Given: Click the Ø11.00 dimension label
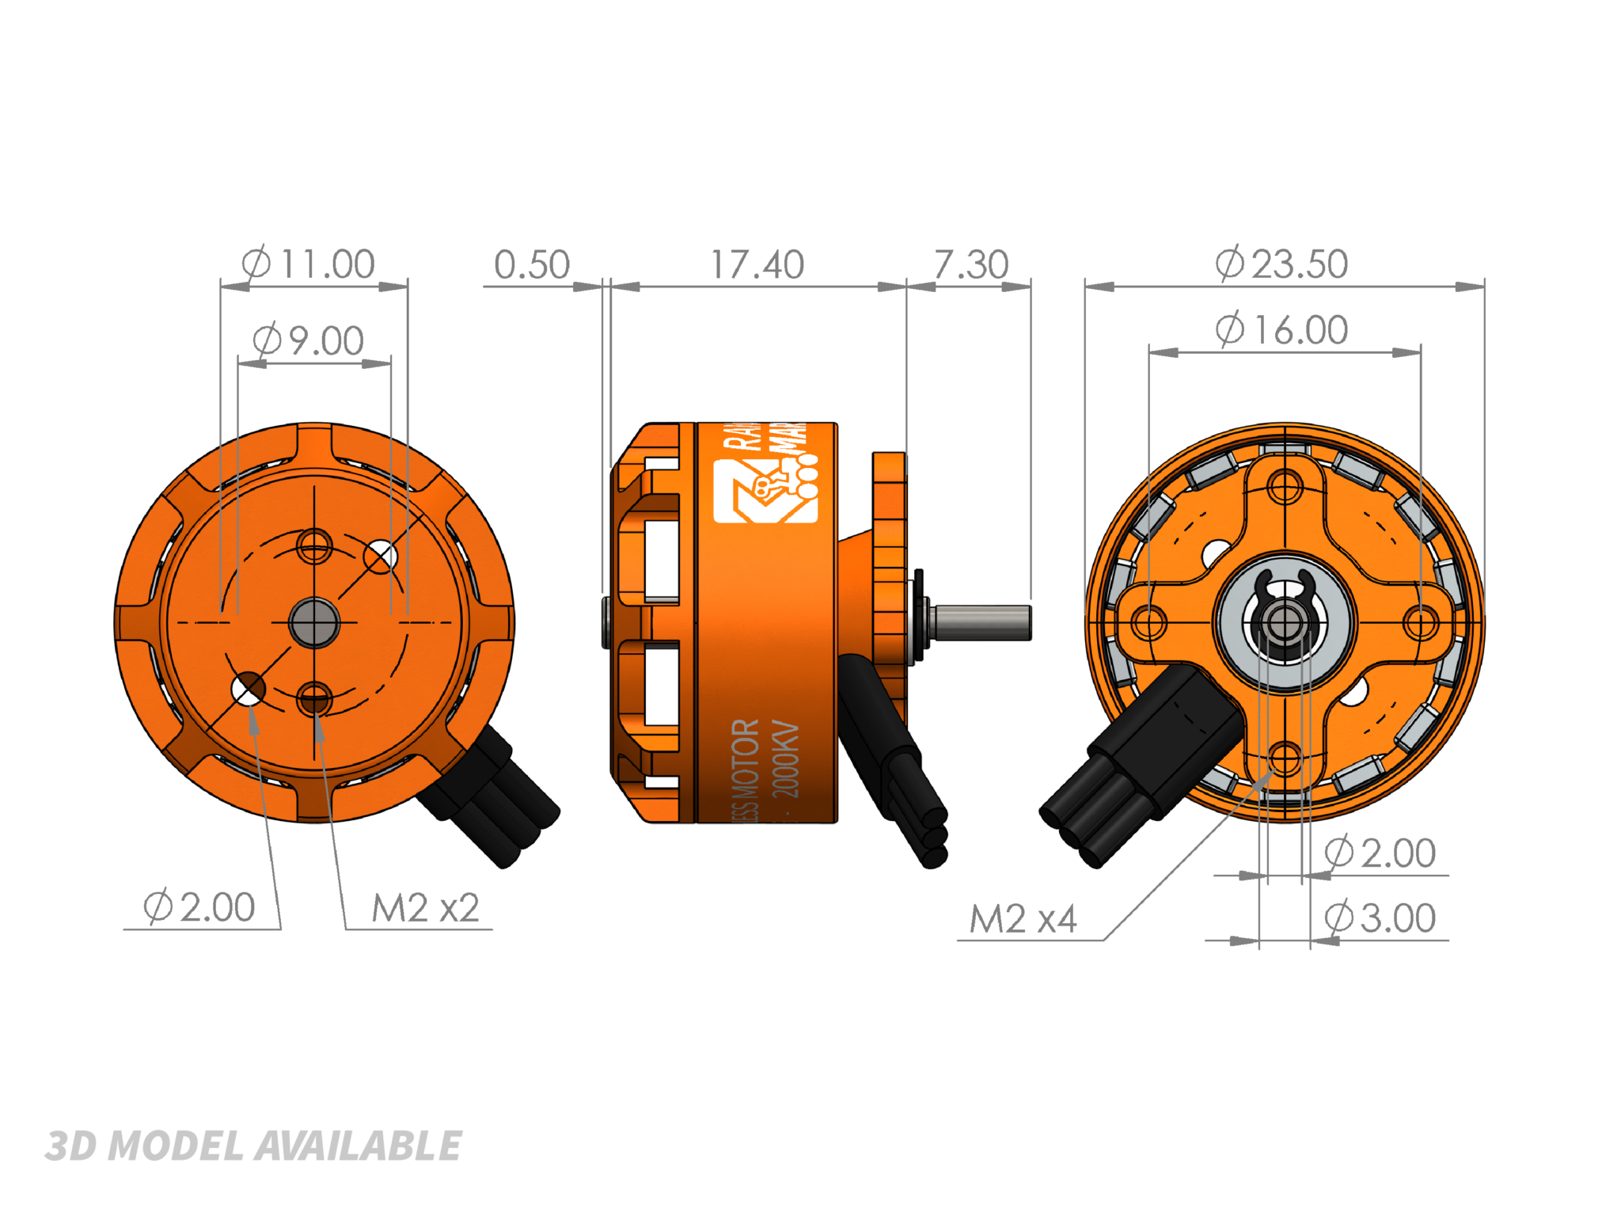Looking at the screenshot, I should (309, 264).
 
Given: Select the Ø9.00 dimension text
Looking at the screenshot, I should (309, 341).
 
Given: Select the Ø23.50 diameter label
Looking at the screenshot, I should (1281, 264).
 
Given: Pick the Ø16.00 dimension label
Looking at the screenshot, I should (1281, 330).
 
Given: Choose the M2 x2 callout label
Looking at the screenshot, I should (426, 908).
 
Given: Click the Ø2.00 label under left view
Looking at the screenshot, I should (199, 907).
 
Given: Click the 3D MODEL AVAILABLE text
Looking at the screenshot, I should (253, 1146).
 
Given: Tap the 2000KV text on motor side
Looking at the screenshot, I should (785, 760).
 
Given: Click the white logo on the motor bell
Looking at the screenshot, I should (765, 491).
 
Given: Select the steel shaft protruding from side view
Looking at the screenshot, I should (981, 622).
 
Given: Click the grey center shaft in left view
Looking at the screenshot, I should (314, 622).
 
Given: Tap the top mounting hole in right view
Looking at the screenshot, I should (1285, 486).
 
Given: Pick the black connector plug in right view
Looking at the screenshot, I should (1140, 768).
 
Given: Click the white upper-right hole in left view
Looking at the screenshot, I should (381, 557).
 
